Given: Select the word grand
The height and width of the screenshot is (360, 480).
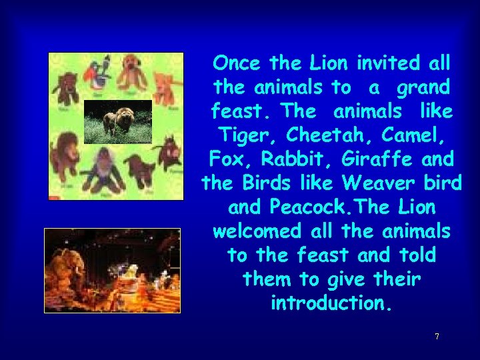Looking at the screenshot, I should click(x=423, y=87).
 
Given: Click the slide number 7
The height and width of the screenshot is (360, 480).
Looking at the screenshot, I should click(x=437, y=337).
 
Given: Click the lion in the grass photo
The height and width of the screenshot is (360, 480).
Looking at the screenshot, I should click(x=117, y=122).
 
